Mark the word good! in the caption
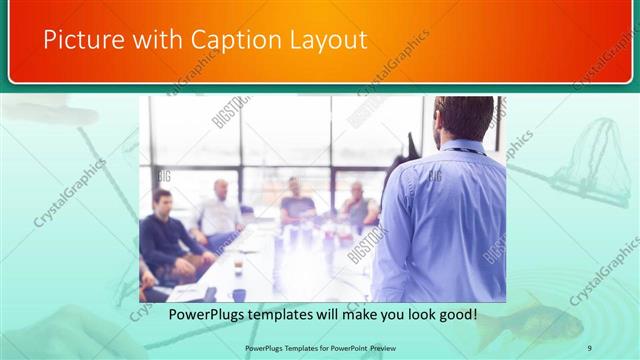(x=456, y=314)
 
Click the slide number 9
(x=590, y=347)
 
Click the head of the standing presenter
(x=463, y=118)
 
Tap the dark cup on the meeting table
(x=239, y=294)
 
